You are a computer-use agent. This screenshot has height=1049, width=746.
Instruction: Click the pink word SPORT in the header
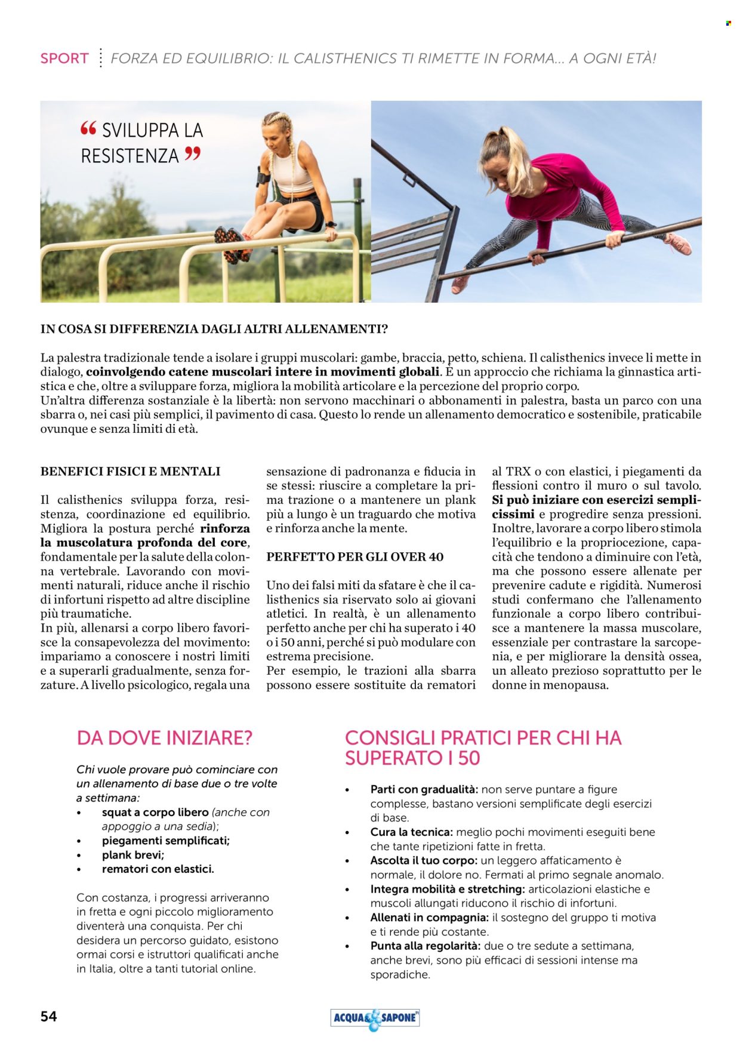tap(64, 59)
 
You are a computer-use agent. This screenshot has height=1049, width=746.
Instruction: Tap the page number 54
tap(49, 1016)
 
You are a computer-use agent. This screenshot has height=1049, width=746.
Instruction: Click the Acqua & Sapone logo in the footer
tap(375, 1018)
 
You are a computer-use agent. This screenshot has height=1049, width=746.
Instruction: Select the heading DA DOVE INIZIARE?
tap(165, 738)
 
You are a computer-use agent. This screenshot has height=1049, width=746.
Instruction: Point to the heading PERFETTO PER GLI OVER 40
tap(354, 557)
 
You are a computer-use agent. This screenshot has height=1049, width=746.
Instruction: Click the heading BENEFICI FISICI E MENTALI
tap(130, 472)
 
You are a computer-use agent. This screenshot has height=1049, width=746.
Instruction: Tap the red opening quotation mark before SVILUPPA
tap(88, 128)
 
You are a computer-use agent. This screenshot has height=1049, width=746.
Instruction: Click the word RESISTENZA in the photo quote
tap(130, 156)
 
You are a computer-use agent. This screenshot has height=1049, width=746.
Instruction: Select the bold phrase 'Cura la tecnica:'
tap(412, 832)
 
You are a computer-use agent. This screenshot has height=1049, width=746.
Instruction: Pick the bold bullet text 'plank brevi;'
tap(133, 855)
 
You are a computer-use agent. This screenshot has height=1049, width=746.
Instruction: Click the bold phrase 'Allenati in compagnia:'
tap(430, 918)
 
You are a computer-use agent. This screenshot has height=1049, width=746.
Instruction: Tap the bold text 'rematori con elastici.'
tap(158, 869)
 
